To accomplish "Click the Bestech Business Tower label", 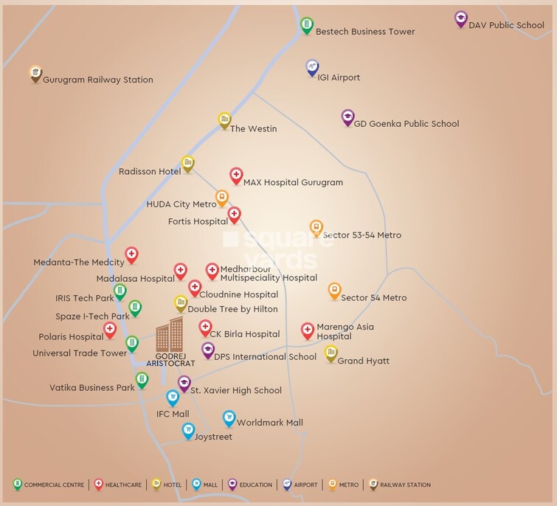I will coord(364,32).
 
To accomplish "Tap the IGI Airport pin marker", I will coord(313,68).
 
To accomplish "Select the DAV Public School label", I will coord(506,25).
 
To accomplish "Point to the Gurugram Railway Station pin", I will coord(35,73).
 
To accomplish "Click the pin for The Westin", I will coord(224,120).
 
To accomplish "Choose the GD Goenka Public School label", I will coord(406,124).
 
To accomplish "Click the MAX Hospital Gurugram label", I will coord(293,182).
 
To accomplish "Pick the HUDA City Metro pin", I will coord(222,198).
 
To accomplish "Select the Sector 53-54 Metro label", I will coord(361,235).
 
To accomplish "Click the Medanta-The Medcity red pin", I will coord(131,255).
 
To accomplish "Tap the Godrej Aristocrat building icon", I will coord(169,335).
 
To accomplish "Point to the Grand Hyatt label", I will coord(363,361).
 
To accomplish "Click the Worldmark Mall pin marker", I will coord(229,418).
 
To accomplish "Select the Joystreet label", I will coord(213,437).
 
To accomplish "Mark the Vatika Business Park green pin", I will coord(142,380).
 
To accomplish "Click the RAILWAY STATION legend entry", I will coord(400,485).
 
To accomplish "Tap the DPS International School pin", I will coord(208,350).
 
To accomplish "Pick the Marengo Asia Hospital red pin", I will coord(308,331).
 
